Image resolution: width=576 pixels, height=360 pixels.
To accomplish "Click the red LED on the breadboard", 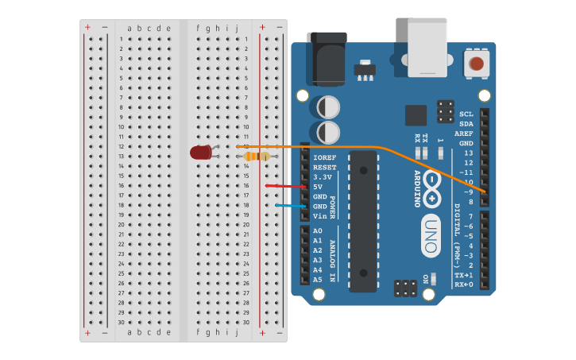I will [x=200, y=152].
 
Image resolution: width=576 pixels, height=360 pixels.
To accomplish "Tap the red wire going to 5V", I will [x=282, y=187].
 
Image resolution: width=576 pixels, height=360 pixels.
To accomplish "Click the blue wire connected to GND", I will [x=290, y=206].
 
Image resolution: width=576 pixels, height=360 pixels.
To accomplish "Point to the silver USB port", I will [x=427, y=47].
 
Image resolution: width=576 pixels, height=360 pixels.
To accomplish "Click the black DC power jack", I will [x=327, y=57].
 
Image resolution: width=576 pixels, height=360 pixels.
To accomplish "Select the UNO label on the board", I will [x=431, y=235].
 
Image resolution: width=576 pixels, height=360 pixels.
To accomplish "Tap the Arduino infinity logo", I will [x=431, y=180].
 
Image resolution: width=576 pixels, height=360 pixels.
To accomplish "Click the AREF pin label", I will [x=465, y=134].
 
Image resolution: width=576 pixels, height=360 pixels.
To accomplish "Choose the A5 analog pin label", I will [x=318, y=280].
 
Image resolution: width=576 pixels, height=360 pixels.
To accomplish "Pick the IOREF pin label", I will [x=324, y=157].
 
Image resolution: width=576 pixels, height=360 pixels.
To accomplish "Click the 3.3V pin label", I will [x=322, y=176].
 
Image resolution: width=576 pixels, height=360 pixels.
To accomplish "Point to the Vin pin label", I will [x=319, y=215].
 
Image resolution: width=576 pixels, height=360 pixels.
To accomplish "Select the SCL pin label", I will [x=466, y=114].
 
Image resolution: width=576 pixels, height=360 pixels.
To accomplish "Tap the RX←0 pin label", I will [x=463, y=284].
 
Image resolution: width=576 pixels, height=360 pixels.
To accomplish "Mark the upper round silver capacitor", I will [x=329, y=106].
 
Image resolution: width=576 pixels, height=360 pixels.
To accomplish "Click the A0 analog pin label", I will [x=318, y=230].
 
